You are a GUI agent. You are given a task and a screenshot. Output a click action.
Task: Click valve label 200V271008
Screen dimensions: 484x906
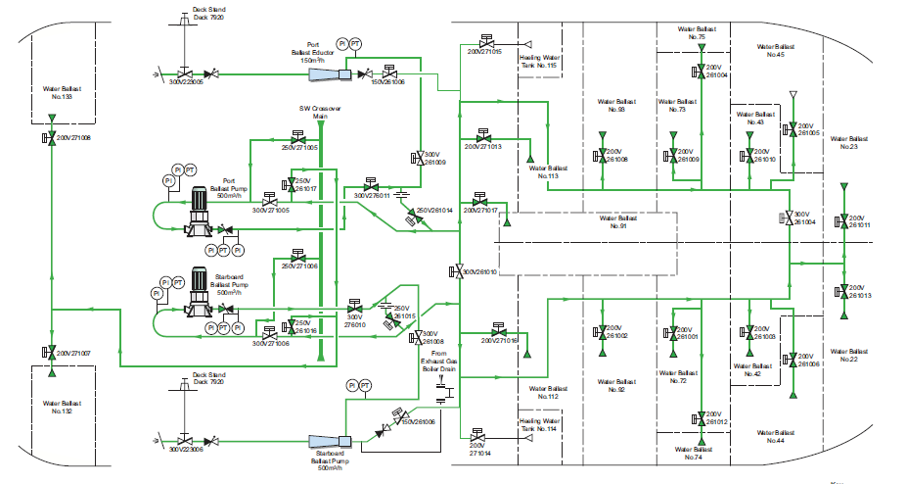73,139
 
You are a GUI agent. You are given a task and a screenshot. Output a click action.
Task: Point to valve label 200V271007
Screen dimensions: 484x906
73,353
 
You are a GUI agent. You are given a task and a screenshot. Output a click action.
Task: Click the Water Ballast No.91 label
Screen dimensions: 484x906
616,222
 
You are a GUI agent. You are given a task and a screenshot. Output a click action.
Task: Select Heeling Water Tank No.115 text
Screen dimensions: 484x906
540,61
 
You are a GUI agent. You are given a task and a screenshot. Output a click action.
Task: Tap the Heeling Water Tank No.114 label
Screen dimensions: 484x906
538,424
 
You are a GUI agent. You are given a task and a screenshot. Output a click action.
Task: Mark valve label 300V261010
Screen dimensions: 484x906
480,271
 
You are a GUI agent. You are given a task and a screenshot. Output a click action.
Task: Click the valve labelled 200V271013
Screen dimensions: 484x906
482,146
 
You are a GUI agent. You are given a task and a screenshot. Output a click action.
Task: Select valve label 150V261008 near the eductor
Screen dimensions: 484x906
387,82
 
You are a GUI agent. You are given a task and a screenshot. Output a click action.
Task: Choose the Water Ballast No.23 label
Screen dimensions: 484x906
846,143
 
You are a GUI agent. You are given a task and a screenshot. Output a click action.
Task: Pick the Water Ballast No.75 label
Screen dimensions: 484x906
697,33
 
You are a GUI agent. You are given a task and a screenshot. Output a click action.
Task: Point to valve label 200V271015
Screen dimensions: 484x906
483,52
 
